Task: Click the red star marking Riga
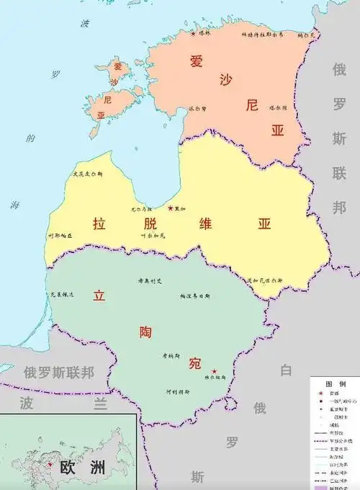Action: click(x=171, y=208)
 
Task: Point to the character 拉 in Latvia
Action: click(x=99, y=224)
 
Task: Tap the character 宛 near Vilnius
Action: click(x=194, y=362)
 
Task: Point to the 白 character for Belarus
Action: click(x=286, y=372)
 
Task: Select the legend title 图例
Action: click(x=336, y=384)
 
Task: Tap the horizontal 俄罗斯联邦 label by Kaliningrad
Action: click(x=59, y=373)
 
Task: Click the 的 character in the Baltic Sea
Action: click(x=29, y=138)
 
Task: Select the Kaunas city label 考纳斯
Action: click(x=169, y=356)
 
